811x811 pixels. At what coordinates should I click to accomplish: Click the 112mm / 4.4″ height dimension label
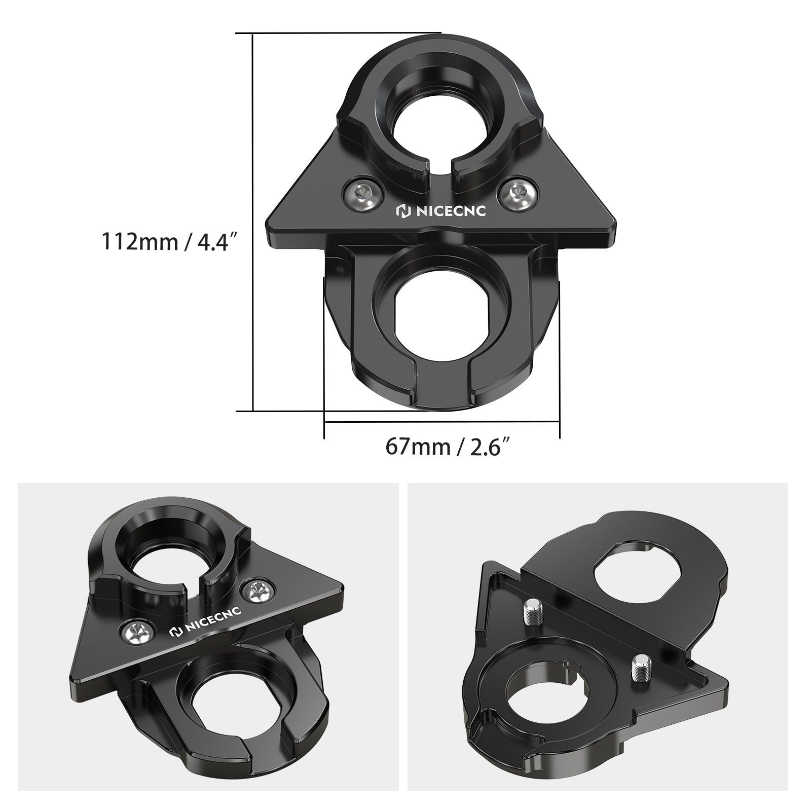pos(170,241)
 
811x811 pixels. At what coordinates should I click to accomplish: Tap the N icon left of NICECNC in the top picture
pos(402,211)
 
